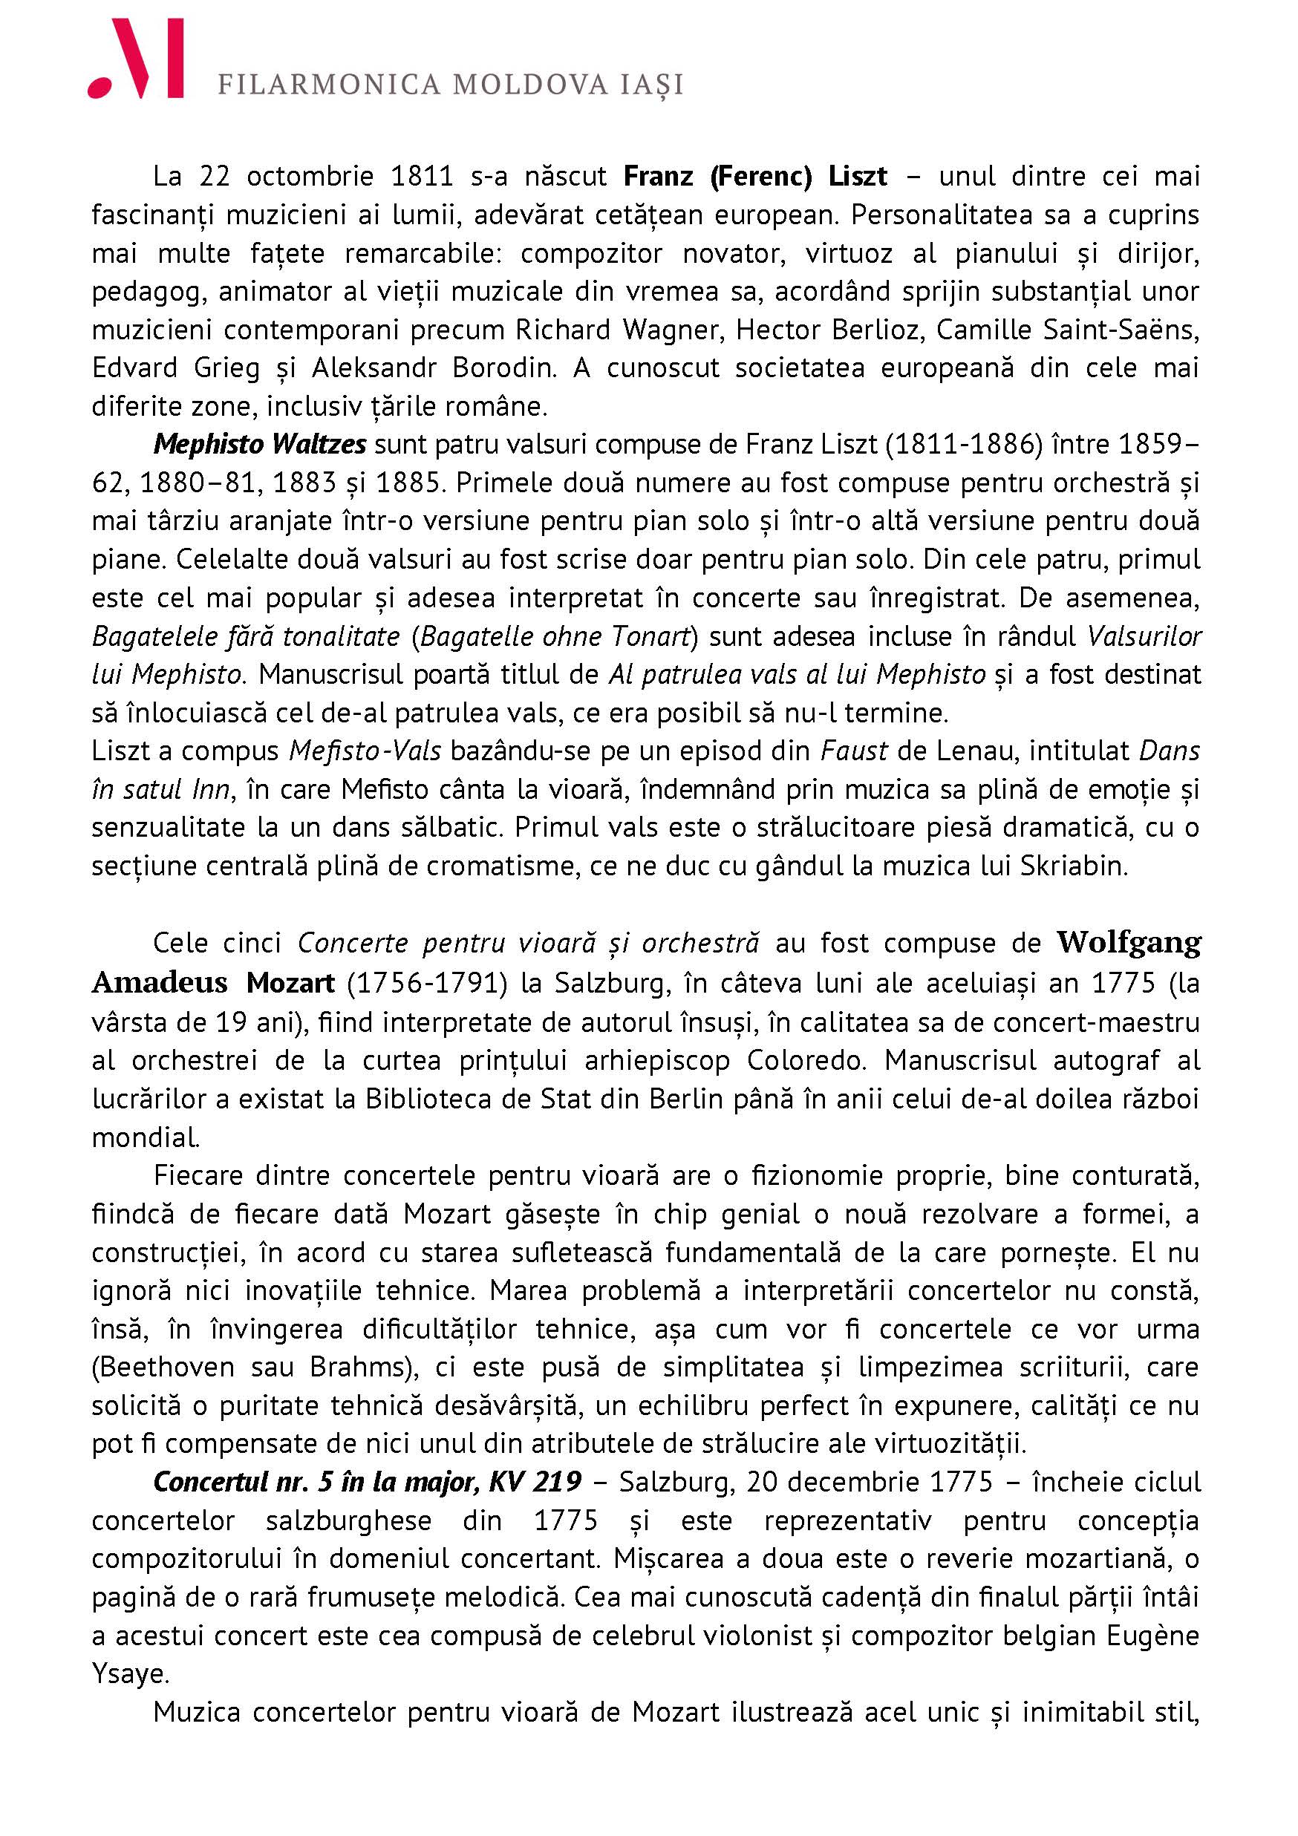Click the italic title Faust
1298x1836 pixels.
pyautogui.click(x=853, y=751)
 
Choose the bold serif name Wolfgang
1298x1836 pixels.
pyautogui.click(x=1128, y=943)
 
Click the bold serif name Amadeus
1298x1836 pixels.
pyautogui.click(x=159, y=982)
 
